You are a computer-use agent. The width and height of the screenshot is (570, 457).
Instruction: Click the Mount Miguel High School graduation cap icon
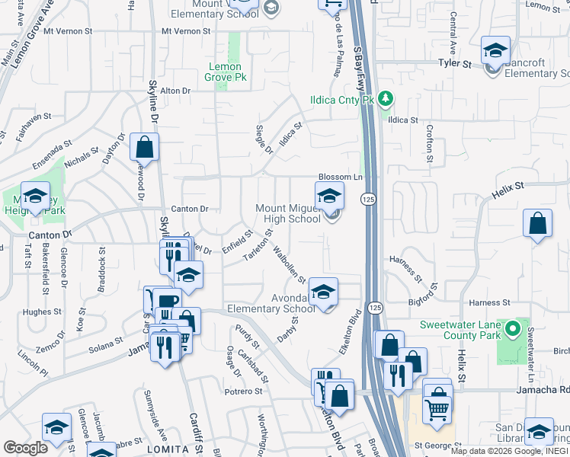click(x=329, y=196)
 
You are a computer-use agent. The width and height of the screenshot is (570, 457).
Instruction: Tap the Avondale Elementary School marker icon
click(x=323, y=292)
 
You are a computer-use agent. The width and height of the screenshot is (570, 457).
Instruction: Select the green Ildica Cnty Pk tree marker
click(x=386, y=99)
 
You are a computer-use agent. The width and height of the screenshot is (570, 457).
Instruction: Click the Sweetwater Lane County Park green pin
click(x=513, y=330)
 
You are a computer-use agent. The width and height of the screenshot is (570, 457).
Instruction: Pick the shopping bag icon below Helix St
click(x=537, y=225)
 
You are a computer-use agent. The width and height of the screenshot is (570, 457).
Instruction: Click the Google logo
click(x=25, y=448)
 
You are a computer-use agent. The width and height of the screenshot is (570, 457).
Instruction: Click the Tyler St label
click(x=454, y=64)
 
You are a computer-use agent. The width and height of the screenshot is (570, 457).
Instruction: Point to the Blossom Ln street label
click(x=339, y=176)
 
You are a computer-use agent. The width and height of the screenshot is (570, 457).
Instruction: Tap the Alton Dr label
click(x=175, y=91)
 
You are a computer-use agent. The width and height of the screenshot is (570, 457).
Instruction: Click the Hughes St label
click(x=37, y=312)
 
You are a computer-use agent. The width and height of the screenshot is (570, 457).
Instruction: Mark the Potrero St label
click(x=244, y=391)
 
